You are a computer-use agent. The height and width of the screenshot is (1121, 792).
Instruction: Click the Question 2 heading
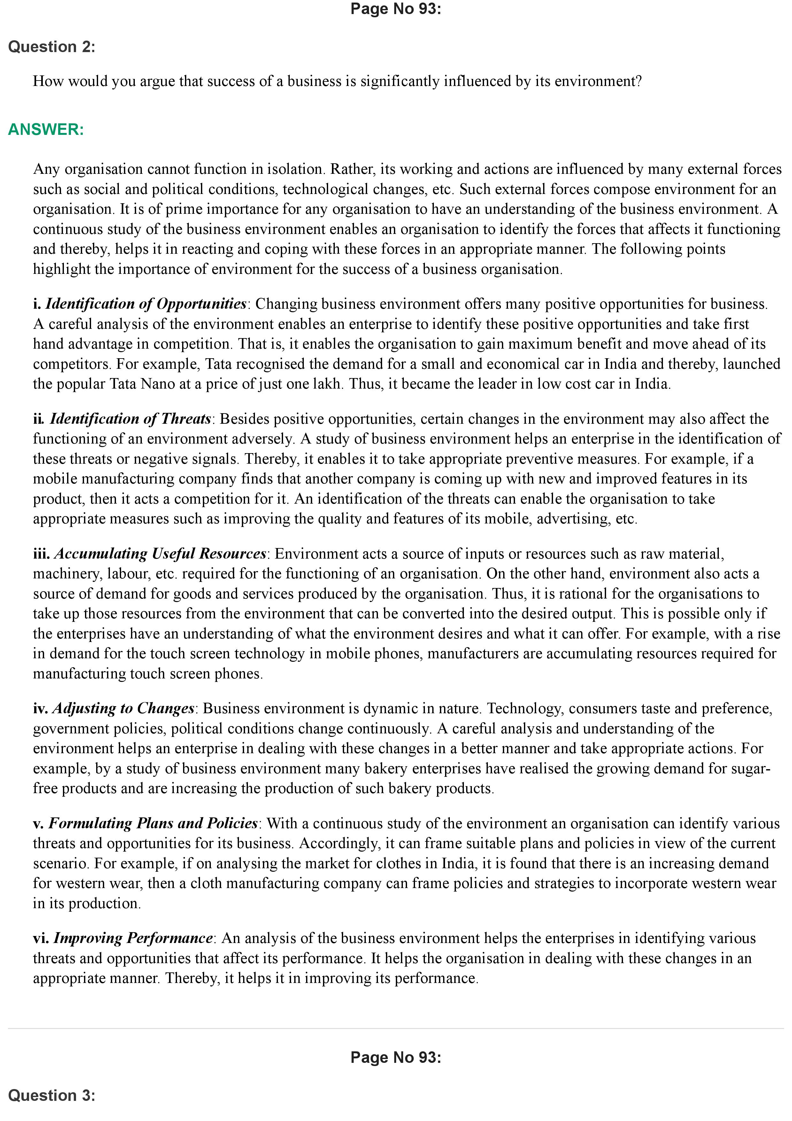pyautogui.click(x=52, y=47)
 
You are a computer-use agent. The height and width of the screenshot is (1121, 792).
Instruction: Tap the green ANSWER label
pyautogui.click(x=46, y=129)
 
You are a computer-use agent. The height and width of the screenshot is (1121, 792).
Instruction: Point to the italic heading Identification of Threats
pyautogui.click(x=130, y=419)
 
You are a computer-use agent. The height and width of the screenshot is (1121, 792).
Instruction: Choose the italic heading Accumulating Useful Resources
pyautogui.click(x=160, y=554)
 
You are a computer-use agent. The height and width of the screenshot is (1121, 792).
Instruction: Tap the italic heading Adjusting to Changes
pyautogui.click(x=123, y=708)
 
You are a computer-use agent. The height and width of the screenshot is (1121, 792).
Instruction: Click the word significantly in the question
pyautogui.click(x=400, y=81)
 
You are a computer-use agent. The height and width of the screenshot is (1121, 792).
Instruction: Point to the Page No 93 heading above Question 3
pyautogui.click(x=396, y=1057)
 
